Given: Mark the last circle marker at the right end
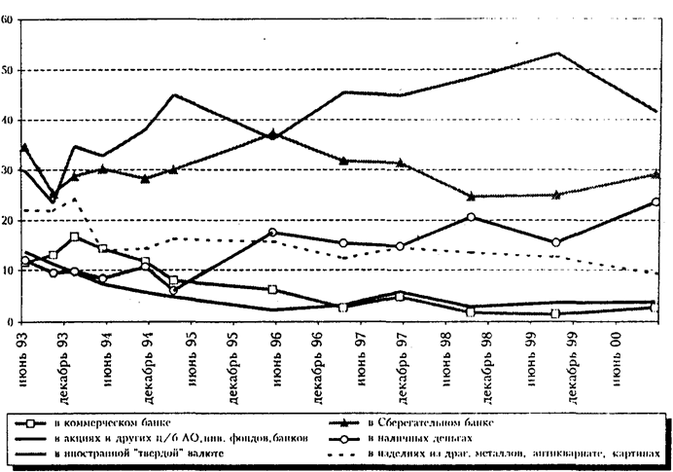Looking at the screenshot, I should coord(655,202).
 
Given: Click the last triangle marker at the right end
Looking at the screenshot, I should coord(655,174).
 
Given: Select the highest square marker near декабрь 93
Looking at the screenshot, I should coord(74,236).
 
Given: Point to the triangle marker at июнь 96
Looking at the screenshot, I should coord(273,134).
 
